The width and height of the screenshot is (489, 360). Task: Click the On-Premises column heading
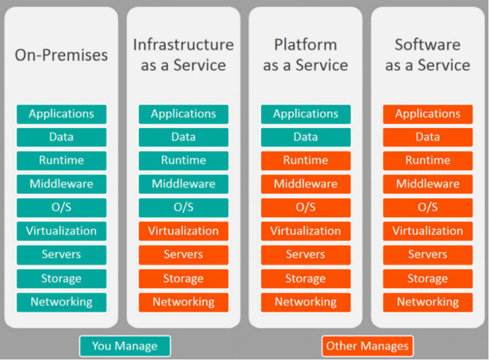pos(61,55)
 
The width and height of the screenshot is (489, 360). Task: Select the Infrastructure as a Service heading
pos(183,54)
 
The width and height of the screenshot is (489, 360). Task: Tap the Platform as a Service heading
pos(306,54)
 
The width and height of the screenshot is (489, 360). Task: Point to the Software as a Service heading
pos(428,54)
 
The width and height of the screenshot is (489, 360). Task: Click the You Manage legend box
pos(125,346)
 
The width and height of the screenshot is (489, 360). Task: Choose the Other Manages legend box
pos(367,346)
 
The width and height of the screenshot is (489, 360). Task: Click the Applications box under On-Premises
pos(61,114)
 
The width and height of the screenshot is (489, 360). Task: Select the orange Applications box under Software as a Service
pos(428,114)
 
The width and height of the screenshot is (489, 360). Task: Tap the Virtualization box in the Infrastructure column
pos(183,231)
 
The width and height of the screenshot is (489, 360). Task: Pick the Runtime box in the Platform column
pos(306,161)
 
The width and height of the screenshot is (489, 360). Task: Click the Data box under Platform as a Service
pos(306,137)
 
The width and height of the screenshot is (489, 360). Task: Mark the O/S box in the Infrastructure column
pos(183,208)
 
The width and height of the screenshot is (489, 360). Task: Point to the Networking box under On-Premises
pos(61,302)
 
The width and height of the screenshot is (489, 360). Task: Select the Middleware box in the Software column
pos(428,184)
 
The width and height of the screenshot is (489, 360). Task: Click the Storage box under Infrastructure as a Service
pos(183,279)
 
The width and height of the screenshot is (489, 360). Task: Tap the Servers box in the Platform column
pos(306,255)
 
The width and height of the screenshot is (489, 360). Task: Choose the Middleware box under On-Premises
pos(61,184)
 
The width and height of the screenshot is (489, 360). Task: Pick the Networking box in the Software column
pos(428,302)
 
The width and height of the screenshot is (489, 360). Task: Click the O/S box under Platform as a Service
pos(306,208)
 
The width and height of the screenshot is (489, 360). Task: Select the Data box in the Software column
pos(428,137)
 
